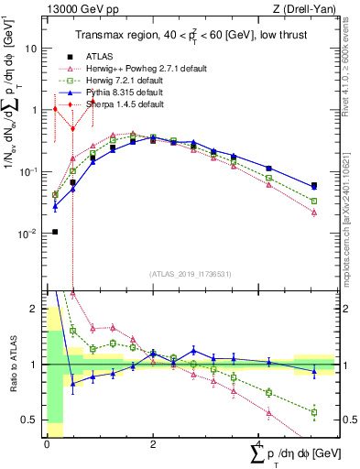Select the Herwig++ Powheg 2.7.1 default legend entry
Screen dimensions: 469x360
137,69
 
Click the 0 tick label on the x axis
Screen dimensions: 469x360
47,444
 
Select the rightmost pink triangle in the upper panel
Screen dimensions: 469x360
314,212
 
